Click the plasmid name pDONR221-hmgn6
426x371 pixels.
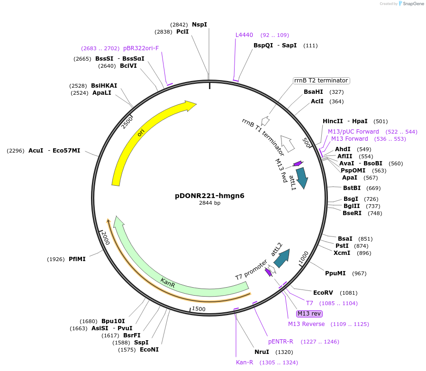tap(209, 195)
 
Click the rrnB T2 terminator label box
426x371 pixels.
tap(321, 81)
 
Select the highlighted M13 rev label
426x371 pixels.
tap(309, 314)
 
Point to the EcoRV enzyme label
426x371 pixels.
tap(324, 293)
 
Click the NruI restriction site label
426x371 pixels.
tap(262, 352)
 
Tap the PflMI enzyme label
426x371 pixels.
tap(77, 259)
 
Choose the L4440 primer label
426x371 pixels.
tap(244, 35)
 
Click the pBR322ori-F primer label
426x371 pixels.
tap(141, 48)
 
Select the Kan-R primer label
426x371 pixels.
tap(245, 362)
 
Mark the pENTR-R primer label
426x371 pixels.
tap(281, 342)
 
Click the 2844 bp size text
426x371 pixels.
tap(209, 203)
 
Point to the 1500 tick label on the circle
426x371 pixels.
tap(199, 309)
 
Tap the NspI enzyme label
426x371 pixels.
tap(199, 24)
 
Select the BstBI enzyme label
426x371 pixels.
tap(352, 188)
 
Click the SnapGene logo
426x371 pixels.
tap(411, 4)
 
